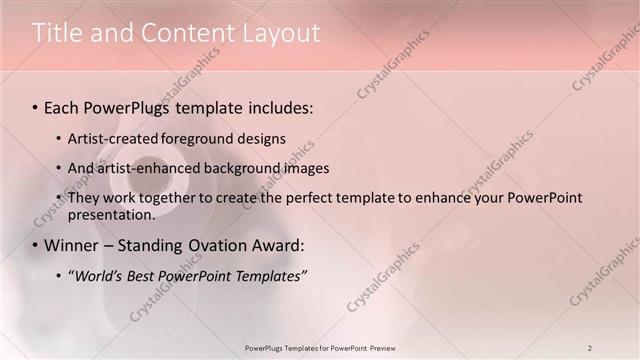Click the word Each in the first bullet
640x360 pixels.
(62, 106)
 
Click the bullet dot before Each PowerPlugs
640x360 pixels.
(36, 107)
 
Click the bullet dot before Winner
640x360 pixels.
(36, 246)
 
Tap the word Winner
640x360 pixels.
(72, 245)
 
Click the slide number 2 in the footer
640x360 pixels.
(590, 348)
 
